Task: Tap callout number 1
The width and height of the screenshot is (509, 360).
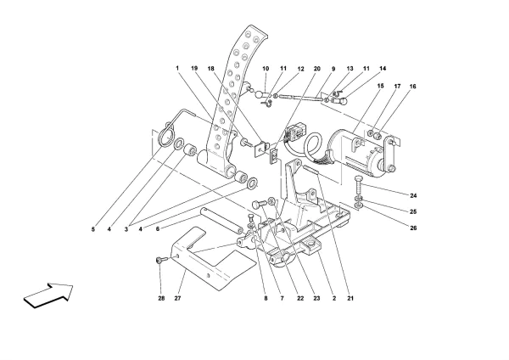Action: (177, 67)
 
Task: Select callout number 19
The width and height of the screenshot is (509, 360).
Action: (194, 67)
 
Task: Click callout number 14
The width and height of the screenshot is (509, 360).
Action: (383, 67)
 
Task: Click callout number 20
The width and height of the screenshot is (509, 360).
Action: (317, 67)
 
